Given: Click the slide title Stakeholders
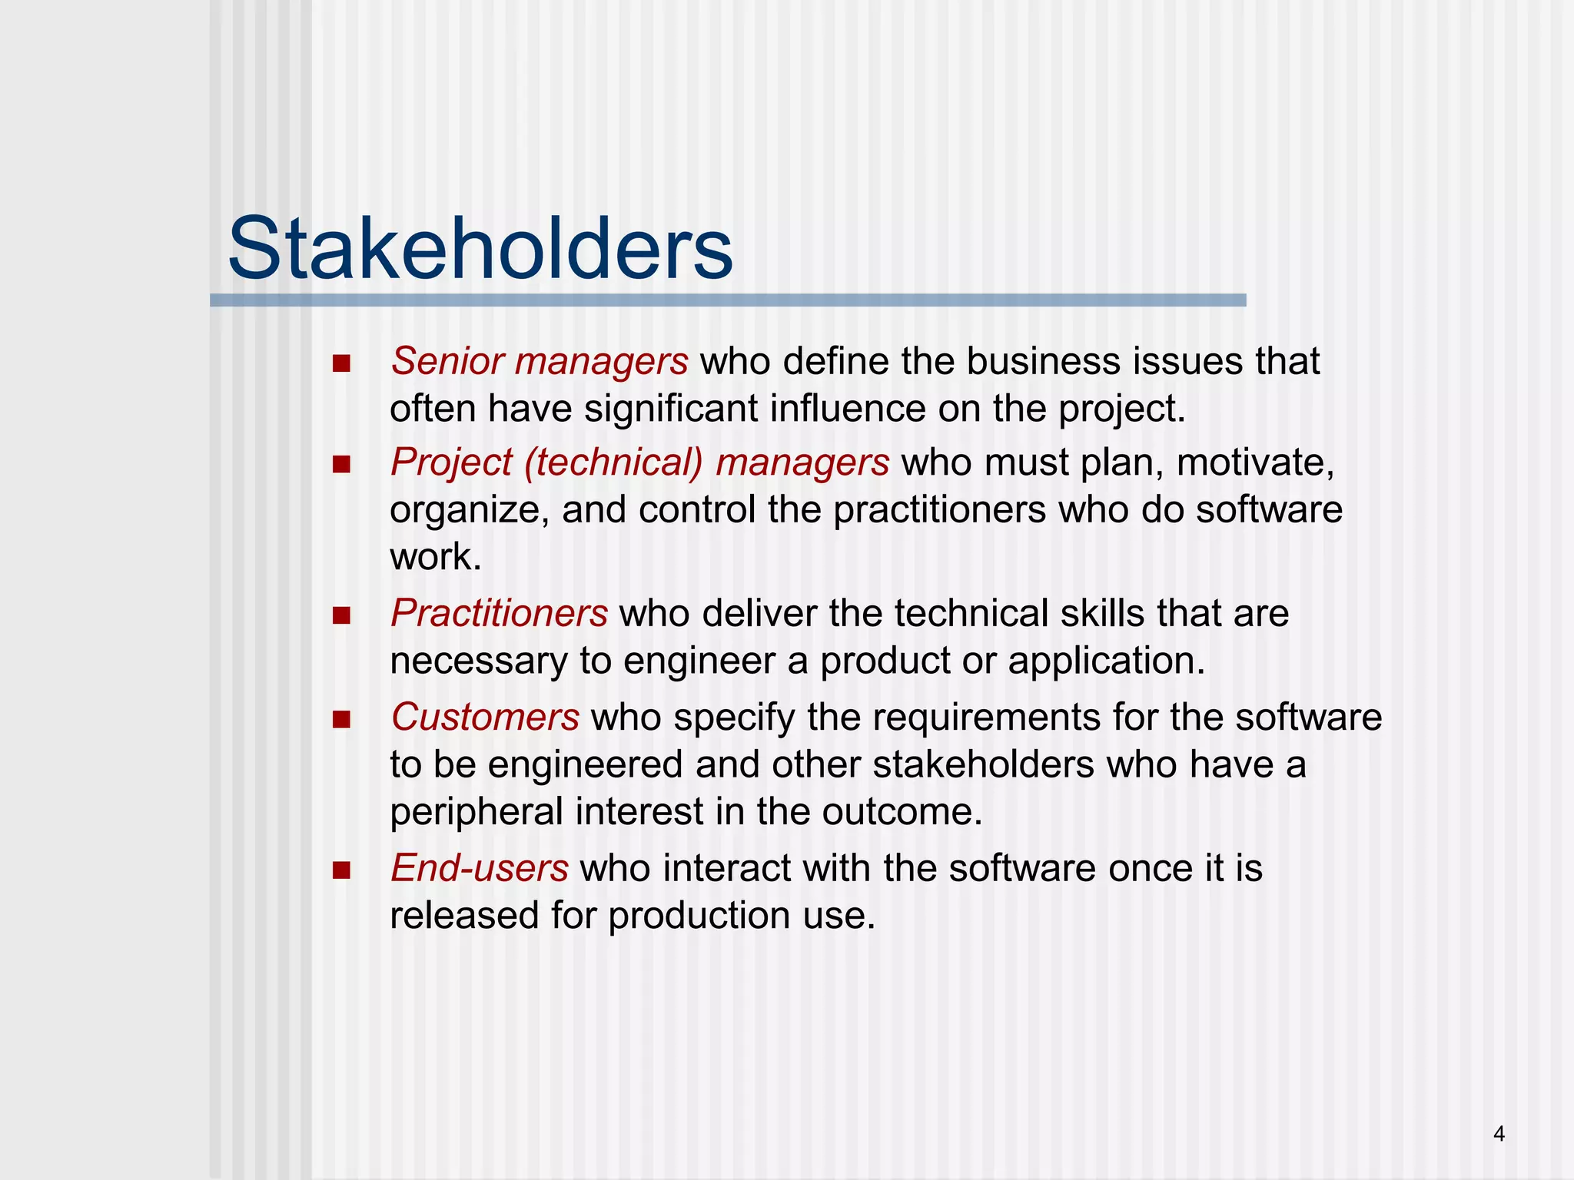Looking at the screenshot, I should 480,249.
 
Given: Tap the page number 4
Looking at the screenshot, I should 1499,1134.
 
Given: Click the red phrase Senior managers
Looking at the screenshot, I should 539,361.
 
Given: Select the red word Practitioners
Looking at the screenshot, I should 499,613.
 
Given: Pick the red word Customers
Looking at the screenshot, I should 485,717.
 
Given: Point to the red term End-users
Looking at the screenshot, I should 480,868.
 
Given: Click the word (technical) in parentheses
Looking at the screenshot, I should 613,463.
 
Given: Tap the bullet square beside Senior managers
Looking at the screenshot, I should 341,363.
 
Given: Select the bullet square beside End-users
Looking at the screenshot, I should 341,870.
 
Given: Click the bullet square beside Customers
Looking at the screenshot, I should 341,720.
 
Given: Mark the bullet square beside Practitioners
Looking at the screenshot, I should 341,615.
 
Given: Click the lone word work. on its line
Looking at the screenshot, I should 435,557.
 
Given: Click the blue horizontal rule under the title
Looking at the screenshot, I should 727,300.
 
